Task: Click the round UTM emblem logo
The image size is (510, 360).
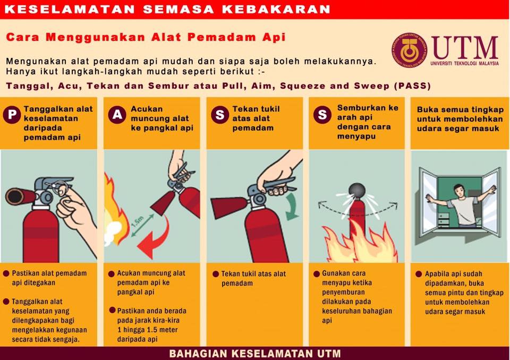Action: pyautogui.click(x=409, y=50)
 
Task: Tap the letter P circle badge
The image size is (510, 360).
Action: pyautogui.click(x=12, y=115)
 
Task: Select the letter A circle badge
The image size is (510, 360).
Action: pyautogui.click(x=117, y=115)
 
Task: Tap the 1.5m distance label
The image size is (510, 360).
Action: pyautogui.click(x=138, y=222)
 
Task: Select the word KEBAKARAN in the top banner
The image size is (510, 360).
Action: pyautogui.click(x=276, y=9)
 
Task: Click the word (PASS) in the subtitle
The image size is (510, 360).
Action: pyautogui.click(x=412, y=86)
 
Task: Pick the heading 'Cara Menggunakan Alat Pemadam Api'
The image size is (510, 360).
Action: pyautogui.click(x=146, y=37)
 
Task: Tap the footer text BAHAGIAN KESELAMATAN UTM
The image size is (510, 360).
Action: pyautogui.click(x=255, y=354)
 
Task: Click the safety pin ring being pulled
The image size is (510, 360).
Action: pyautogui.click(x=62, y=188)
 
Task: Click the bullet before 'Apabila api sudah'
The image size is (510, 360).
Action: pyautogui.click(x=419, y=274)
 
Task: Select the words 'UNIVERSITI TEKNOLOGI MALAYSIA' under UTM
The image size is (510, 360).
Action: pyautogui.click(x=464, y=63)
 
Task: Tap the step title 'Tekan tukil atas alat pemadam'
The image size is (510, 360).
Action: pyautogui.click(x=256, y=118)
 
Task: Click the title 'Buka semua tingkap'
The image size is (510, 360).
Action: pyautogui.click(x=460, y=109)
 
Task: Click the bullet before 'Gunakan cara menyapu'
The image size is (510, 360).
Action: pyautogui.click(x=317, y=274)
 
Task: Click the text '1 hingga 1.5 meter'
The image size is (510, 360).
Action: pyautogui.click(x=147, y=330)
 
